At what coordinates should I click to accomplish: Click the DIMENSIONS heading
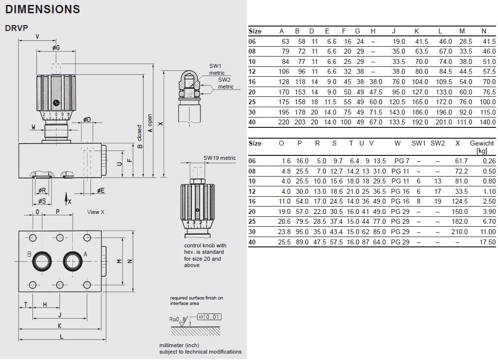42,9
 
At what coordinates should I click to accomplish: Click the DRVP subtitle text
15,28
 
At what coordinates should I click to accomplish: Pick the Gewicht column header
482,143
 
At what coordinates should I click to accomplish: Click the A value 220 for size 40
284,122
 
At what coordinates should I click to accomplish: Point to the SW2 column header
438,143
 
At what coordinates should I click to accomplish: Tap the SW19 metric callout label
220,158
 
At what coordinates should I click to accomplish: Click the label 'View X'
96,212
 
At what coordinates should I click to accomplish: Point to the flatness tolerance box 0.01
209,317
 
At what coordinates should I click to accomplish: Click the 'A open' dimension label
150,123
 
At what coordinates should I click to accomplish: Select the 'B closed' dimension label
140,136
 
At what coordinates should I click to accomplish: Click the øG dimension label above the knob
56,47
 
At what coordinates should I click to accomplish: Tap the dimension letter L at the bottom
61,336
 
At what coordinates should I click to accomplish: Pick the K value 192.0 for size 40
420,122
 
